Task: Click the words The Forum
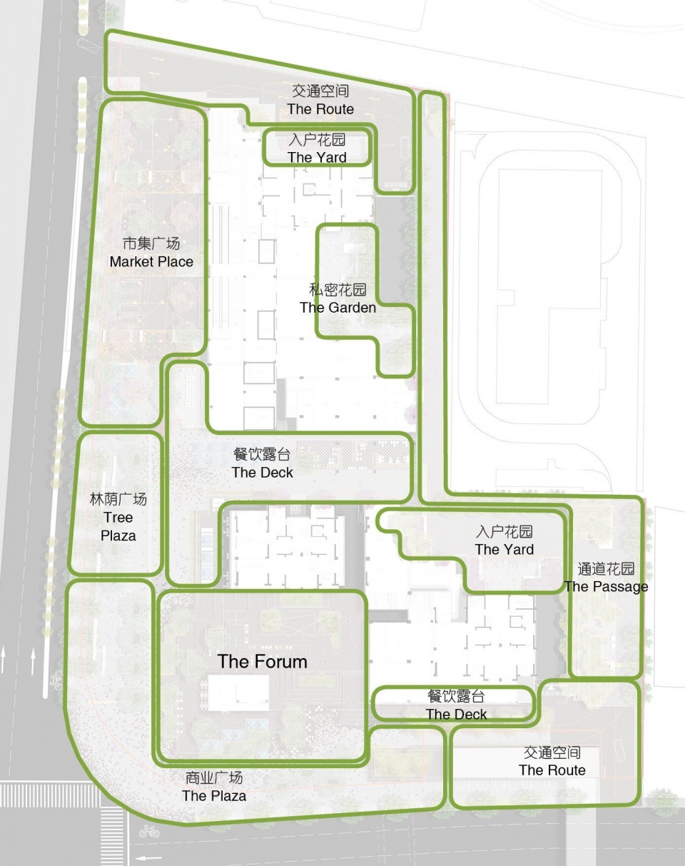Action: click(263, 662)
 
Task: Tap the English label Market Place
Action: click(151, 262)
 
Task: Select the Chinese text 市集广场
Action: click(151, 243)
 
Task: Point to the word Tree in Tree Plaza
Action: click(118, 518)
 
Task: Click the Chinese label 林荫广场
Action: click(118, 500)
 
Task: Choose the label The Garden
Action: click(338, 308)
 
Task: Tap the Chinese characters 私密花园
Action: click(338, 290)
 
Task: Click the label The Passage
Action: click(607, 587)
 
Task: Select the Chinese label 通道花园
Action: click(607, 569)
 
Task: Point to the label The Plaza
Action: click(214, 795)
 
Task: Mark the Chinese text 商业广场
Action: click(214, 778)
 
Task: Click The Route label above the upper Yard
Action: click(320, 109)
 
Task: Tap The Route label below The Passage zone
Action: click(552, 770)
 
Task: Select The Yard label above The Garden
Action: click(317, 157)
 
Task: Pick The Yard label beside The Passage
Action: click(504, 549)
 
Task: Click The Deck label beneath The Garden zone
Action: click(263, 473)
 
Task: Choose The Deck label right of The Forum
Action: click(456, 714)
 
